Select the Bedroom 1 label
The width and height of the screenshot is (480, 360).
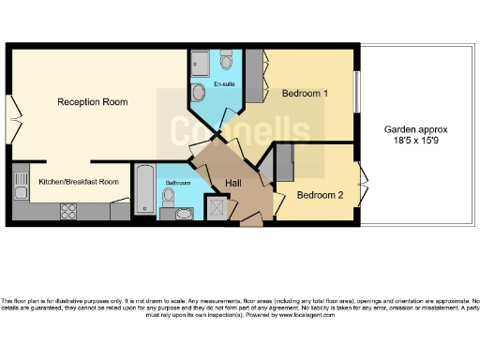305,94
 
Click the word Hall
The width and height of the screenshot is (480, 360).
234,184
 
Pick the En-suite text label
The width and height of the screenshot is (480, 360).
225,85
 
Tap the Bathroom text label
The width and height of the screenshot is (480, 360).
178,183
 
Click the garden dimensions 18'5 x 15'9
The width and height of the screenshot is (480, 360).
416,142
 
